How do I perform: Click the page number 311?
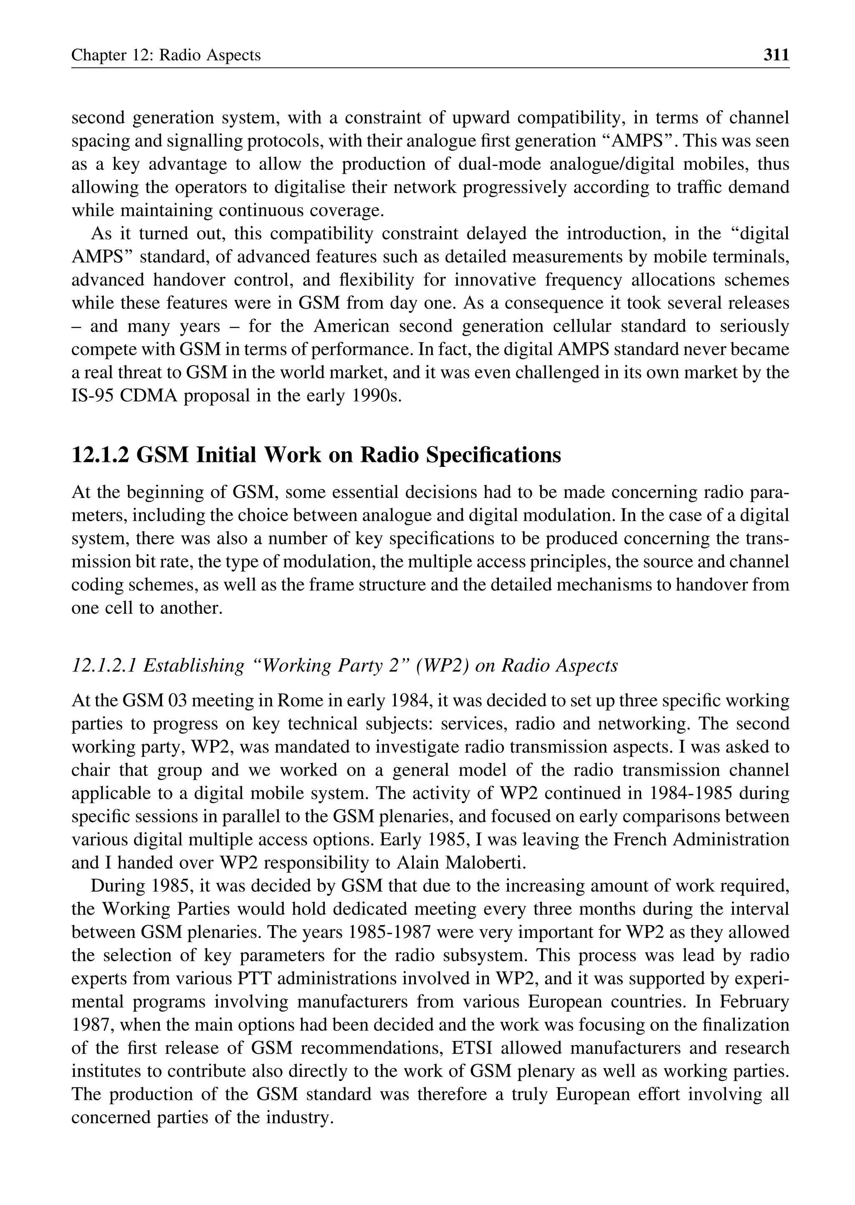point(776,55)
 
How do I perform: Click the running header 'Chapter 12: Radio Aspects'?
point(166,55)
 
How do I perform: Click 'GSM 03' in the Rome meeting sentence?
point(152,701)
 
